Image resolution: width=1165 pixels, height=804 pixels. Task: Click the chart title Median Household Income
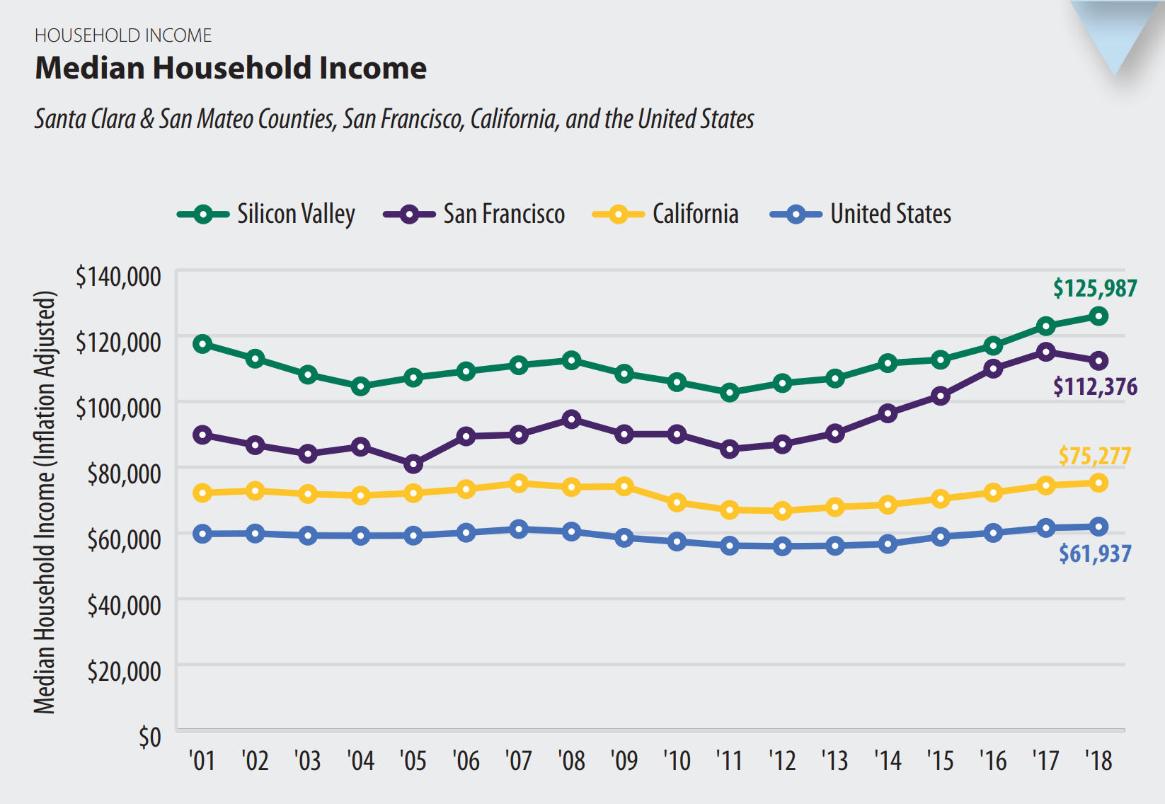tap(231, 69)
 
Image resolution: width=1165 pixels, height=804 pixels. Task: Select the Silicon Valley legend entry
tap(266, 214)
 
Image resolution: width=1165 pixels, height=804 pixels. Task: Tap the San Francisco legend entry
tap(474, 214)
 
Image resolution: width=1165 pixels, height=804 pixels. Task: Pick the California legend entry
tap(665, 214)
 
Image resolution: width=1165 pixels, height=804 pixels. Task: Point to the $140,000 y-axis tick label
tap(119, 277)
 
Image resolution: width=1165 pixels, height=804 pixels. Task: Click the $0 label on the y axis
tap(149, 737)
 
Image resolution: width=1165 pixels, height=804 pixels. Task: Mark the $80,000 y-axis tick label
tap(124, 473)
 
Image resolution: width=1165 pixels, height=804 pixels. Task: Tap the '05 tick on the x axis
tap(413, 761)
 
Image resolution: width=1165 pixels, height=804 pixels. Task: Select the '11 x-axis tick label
tap(729, 761)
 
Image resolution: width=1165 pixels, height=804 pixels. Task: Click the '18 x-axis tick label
tap(1098, 761)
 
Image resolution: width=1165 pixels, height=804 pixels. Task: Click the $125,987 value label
tap(1095, 288)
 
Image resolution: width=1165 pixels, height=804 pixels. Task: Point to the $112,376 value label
tap(1095, 386)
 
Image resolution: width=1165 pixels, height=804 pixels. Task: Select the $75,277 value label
tap(1094, 456)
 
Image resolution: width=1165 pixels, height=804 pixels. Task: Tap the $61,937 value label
tap(1095, 553)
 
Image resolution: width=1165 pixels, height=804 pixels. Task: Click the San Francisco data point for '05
tap(413, 464)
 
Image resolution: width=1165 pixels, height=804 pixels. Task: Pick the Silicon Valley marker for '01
tap(202, 344)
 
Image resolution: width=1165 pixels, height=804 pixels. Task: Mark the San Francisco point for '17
tap(1045, 352)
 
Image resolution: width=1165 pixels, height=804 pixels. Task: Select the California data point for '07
tap(519, 483)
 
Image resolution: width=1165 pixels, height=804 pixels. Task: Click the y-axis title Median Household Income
tap(45, 502)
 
